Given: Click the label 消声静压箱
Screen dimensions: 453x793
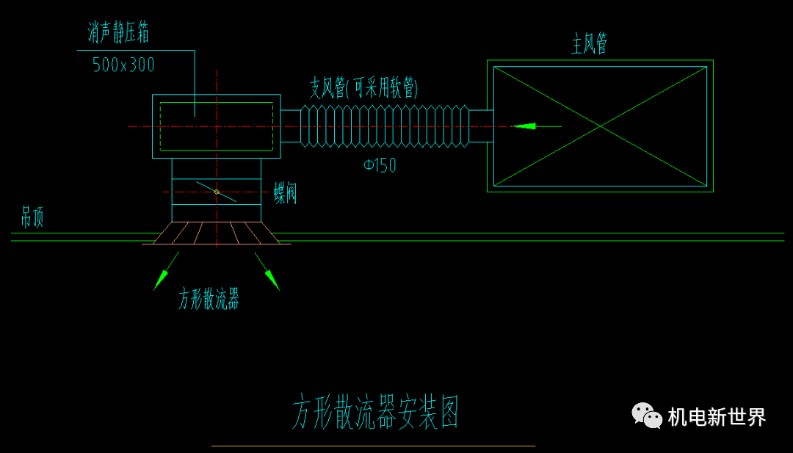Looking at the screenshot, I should pos(119,33).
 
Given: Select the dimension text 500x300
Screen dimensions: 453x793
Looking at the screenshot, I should pos(123,65).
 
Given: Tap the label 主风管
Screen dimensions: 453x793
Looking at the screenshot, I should pos(590,44).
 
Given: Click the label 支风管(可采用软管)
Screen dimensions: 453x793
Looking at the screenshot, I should pos(363,89).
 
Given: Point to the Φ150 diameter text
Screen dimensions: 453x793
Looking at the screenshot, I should pos(380,166).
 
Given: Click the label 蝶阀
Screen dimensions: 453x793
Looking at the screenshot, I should pos(286,193).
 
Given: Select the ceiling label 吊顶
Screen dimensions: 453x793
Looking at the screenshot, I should pos(32,217).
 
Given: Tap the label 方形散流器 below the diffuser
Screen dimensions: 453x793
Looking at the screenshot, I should pos(209,299).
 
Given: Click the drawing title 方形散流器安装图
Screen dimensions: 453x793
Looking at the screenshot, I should pos(375,412).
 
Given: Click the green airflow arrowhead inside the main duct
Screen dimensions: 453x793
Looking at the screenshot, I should pos(525,126).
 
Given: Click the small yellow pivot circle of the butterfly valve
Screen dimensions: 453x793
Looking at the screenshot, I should pos(217,192).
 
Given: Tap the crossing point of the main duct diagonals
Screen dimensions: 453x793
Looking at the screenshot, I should pos(600,126).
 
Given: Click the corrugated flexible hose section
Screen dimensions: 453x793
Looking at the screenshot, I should pos(385,126).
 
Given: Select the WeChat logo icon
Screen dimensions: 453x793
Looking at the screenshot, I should pos(647,416).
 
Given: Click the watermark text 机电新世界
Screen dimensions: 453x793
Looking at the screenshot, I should pos(717,417).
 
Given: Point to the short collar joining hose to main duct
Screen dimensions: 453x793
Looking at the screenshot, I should pos(481,126).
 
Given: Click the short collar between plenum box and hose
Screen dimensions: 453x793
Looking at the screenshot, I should pos(291,126).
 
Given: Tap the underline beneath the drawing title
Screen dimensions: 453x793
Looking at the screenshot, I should pos(373,446).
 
